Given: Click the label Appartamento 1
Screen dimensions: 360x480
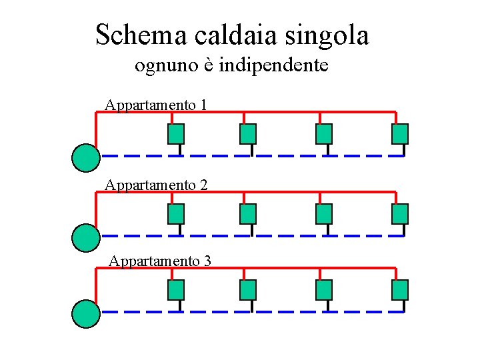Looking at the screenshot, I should [x=155, y=105].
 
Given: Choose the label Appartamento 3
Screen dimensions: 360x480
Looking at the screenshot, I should [x=159, y=261].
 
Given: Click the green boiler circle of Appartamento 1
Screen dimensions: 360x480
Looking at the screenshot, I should [x=85, y=157].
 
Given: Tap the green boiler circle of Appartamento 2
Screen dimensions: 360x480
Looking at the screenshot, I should [x=85, y=237].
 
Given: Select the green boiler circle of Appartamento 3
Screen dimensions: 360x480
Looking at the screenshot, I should [x=85, y=313].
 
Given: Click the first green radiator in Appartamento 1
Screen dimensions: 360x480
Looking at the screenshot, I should [x=176, y=134].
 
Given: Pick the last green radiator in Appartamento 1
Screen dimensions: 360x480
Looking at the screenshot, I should [x=400, y=134].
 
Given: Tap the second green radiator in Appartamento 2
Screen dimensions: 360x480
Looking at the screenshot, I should [x=248, y=213].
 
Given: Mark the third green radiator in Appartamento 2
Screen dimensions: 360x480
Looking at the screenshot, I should [x=324, y=213].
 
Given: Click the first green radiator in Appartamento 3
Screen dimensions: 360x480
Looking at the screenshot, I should [x=176, y=290].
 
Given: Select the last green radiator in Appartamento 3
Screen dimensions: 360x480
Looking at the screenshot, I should [x=400, y=290].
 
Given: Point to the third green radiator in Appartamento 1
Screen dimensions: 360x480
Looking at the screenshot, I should [x=324, y=134].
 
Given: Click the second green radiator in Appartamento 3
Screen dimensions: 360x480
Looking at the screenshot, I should [x=248, y=290].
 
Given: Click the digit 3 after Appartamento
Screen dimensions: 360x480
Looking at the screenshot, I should [x=207, y=261].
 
